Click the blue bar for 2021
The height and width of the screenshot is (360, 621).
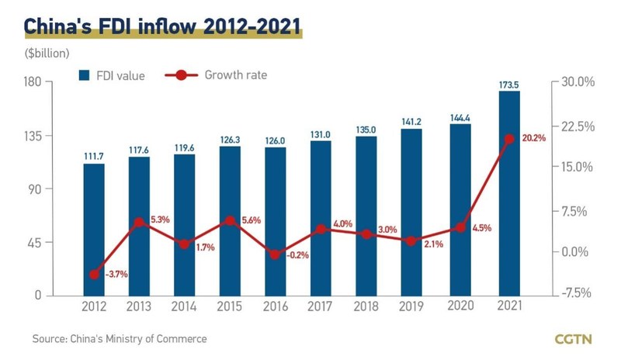coord(509,194)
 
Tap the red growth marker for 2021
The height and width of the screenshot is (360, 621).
coord(509,140)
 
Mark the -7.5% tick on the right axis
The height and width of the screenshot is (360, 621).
coord(575,294)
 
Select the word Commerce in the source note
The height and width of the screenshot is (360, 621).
coord(184,339)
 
